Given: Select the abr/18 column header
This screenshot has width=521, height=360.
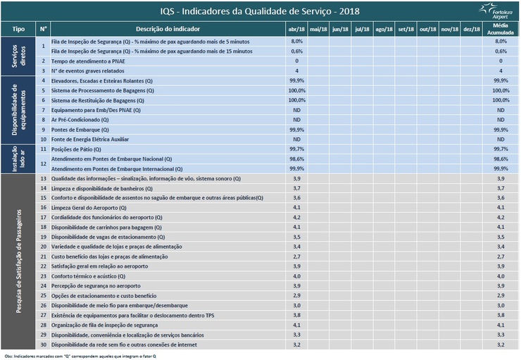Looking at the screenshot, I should pyautogui.click(x=296, y=29).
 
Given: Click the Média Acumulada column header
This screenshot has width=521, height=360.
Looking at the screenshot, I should pyautogui.click(x=501, y=29).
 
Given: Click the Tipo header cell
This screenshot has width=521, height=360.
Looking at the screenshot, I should pyautogui.click(x=18, y=29).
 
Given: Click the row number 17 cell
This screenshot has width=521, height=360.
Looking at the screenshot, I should pyautogui.click(x=44, y=218).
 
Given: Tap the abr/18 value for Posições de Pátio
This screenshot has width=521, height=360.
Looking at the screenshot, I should pyautogui.click(x=296, y=149).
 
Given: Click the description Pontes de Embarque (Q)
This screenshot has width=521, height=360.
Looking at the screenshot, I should pyautogui.click(x=80, y=130).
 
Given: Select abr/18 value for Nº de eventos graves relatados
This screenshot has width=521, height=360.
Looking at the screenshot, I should pyautogui.click(x=296, y=71).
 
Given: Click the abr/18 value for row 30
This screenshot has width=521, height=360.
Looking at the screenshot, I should pyautogui.click(x=296, y=345).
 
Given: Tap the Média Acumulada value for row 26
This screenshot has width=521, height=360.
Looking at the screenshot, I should pyautogui.click(x=501, y=305).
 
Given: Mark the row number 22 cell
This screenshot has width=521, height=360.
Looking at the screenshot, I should pyautogui.click(x=44, y=266).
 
